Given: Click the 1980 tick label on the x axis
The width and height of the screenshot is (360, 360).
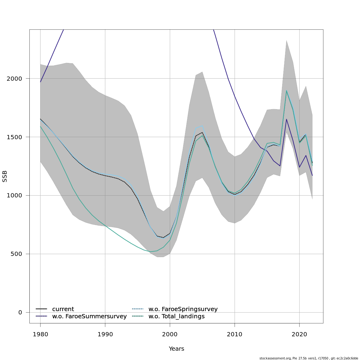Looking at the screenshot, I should tap(40, 334).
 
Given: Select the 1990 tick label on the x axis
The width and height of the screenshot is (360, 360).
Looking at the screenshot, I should tap(105, 334).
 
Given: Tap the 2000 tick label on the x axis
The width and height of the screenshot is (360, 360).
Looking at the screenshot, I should tap(170, 334).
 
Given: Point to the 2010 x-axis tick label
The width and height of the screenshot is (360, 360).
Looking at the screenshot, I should tap(235, 334).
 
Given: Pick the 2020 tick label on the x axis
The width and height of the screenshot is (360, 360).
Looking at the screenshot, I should tap(299, 334).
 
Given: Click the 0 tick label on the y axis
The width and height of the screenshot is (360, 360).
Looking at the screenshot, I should tap(20, 312).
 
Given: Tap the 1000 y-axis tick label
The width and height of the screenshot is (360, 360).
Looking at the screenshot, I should tap(14, 195).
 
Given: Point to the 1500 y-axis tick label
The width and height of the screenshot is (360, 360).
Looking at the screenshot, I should tap(14, 137).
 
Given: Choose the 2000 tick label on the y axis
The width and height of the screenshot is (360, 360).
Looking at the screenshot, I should tap(14, 78).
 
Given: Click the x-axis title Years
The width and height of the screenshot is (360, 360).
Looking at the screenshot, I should tap(176, 349).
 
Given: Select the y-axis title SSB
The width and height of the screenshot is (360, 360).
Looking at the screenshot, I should tap(5, 176).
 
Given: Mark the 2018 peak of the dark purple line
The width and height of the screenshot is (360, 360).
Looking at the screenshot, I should tap(286, 119).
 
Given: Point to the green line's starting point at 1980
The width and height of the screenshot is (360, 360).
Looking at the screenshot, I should tap(40, 126).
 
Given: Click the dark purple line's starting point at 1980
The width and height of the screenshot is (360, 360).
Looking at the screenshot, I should tap(40, 82).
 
